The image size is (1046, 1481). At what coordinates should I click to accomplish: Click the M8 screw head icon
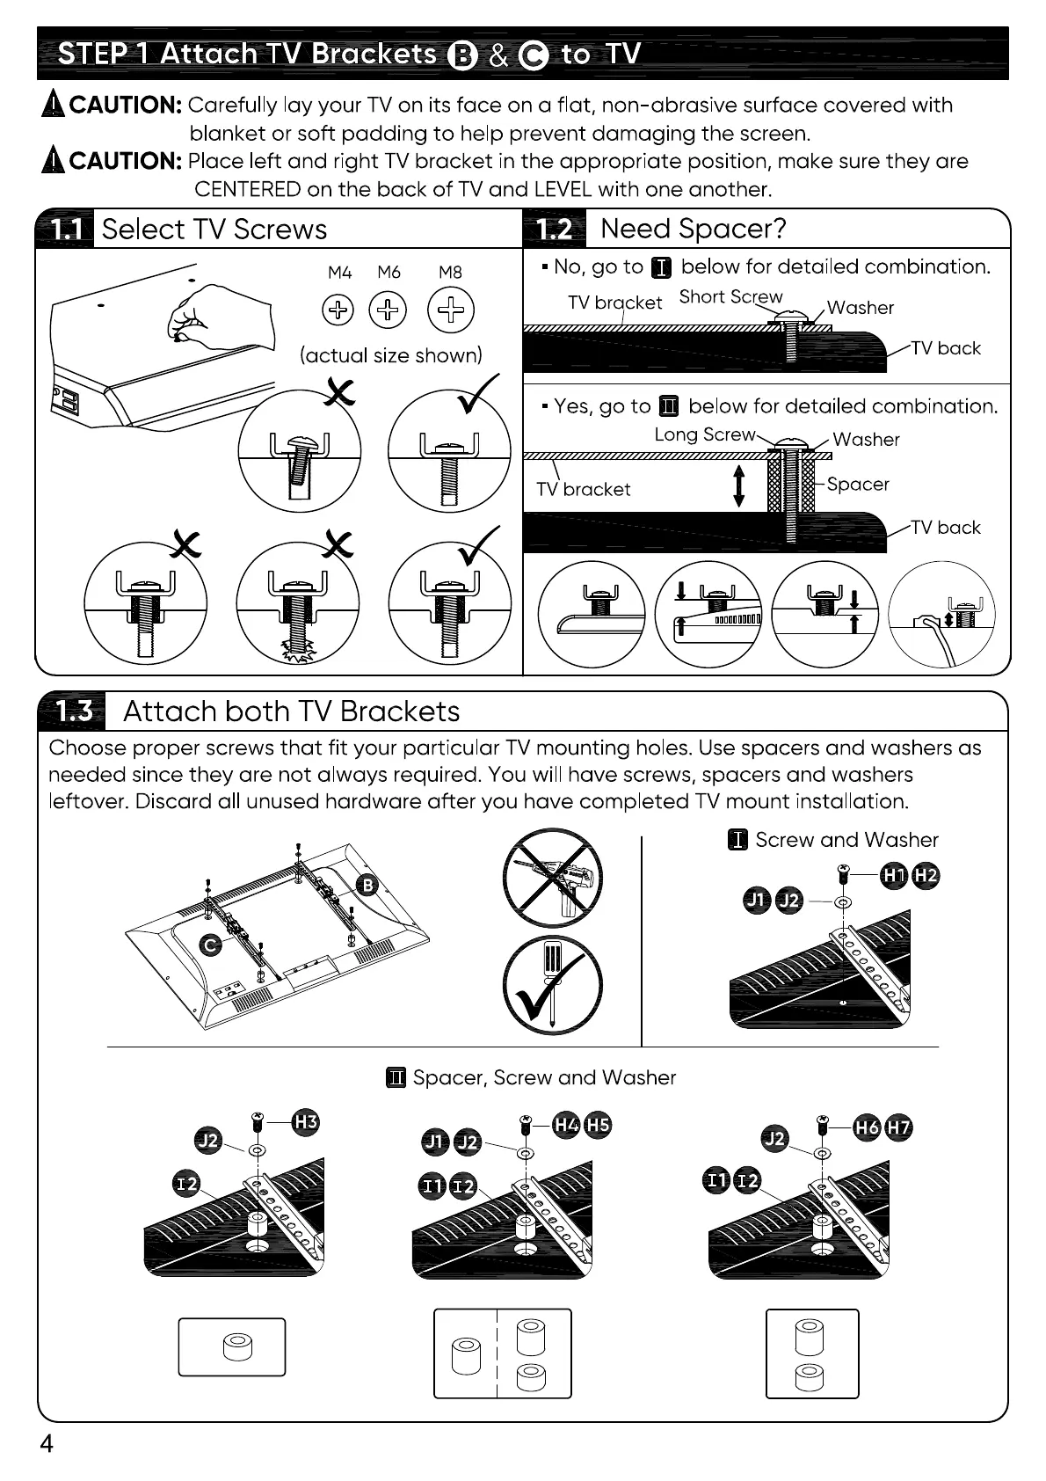(450, 310)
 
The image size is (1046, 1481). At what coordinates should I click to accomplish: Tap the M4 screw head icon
(338, 310)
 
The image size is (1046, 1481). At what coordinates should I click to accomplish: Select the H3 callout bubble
(306, 1122)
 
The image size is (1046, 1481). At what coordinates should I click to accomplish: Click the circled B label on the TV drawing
(367, 885)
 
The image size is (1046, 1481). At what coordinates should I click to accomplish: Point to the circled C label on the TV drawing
(210, 945)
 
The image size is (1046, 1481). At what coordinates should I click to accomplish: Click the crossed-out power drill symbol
(553, 878)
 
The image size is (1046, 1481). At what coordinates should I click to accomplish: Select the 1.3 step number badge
(73, 711)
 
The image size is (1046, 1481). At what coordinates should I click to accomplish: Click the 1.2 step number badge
(555, 230)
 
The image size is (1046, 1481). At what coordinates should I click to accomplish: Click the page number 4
(47, 1444)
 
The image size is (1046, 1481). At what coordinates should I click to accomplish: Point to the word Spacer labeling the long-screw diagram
(858, 485)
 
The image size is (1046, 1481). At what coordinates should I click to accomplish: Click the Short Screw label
(730, 297)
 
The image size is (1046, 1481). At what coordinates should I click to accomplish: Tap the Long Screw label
(705, 434)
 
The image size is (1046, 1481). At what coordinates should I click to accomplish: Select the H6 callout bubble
(868, 1127)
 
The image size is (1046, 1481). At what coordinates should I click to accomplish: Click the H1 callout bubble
(894, 875)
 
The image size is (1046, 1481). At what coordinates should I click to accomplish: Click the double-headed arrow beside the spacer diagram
(739, 486)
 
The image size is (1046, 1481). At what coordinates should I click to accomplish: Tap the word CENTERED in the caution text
(248, 190)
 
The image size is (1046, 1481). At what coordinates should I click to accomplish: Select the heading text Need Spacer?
(694, 230)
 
